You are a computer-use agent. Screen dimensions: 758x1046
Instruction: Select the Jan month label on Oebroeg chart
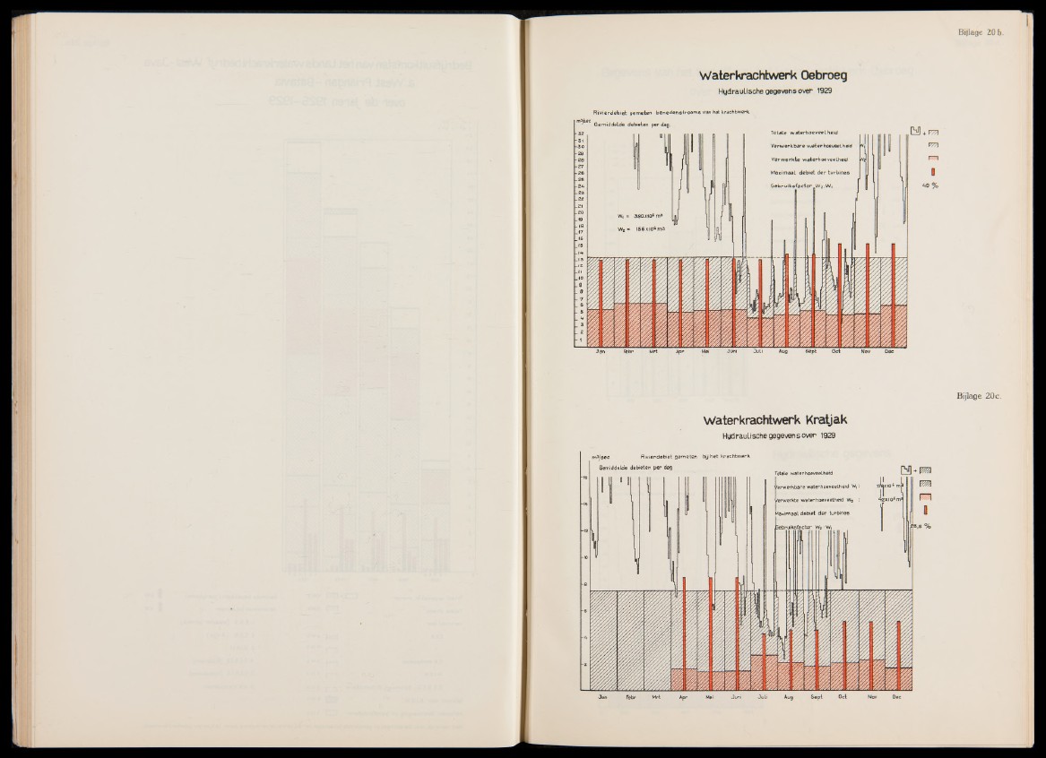tap(601, 352)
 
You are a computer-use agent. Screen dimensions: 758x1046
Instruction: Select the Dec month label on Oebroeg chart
tap(890, 352)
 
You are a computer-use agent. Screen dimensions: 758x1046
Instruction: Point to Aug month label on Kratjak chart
tap(789, 695)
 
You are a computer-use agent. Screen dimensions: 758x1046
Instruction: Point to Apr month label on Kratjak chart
tap(683, 695)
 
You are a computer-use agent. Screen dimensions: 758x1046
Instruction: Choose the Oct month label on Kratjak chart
tap(843, 695)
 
